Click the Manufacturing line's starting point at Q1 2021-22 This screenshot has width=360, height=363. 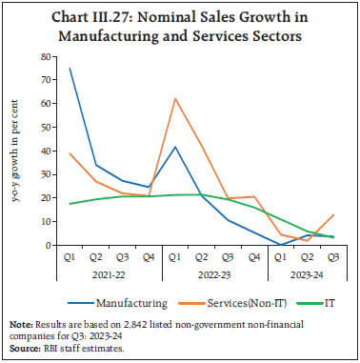point(70,69)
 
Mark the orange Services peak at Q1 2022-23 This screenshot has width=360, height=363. point(174,99)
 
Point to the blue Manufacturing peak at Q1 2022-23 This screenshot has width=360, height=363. point(174,147)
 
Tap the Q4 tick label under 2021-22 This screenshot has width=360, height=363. point(148,256)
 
